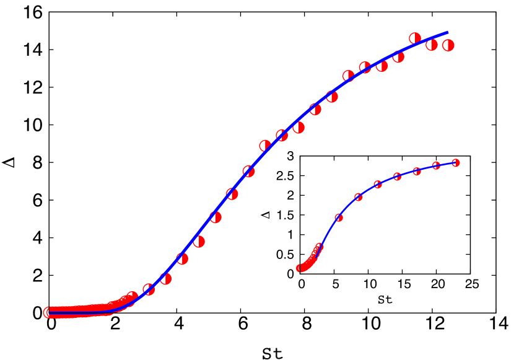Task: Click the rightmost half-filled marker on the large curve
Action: tap(448, 45)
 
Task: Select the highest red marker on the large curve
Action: tap(415, 38)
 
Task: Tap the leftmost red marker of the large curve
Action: tap(48, 312)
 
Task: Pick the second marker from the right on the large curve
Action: tap(432, 45)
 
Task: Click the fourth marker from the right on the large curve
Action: tap(398, 57)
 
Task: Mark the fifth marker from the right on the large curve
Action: tap(381, 66)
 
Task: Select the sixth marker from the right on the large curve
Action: tap(365, 68)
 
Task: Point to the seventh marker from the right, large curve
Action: tap(348, 76)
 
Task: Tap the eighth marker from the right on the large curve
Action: tap(332, 97)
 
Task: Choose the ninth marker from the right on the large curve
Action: tap(315, 110)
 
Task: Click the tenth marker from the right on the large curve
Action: tap(298, 128)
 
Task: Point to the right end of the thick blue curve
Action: tap(447, 32)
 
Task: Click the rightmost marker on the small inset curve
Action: tap(456, 163)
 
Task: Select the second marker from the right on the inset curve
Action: tap(436, 165)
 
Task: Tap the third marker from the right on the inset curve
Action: tap(417, 171)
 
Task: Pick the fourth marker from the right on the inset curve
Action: tap(397, 177)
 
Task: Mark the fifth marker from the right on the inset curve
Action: tap(378, 185)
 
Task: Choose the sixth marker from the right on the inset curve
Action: tap(358, 197)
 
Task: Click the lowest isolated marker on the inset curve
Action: tap(339, 217)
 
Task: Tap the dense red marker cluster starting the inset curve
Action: tap(308, 263)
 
